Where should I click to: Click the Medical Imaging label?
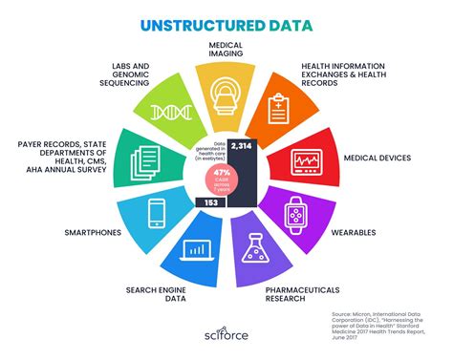click(x=226, y=49)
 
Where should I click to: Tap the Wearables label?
click(x=374, y=231)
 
